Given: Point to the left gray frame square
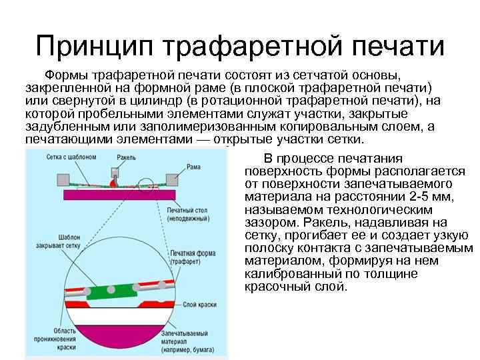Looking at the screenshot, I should coord(65,180).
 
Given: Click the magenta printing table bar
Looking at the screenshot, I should coord(120,195).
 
